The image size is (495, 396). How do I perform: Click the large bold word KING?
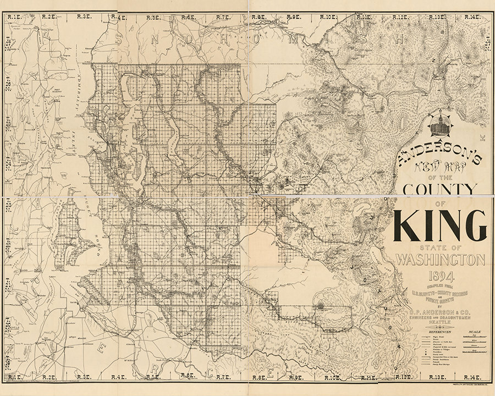439,226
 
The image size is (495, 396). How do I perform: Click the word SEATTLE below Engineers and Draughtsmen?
439,324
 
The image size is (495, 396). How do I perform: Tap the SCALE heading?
474,332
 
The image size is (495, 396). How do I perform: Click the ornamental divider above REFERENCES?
439,328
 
